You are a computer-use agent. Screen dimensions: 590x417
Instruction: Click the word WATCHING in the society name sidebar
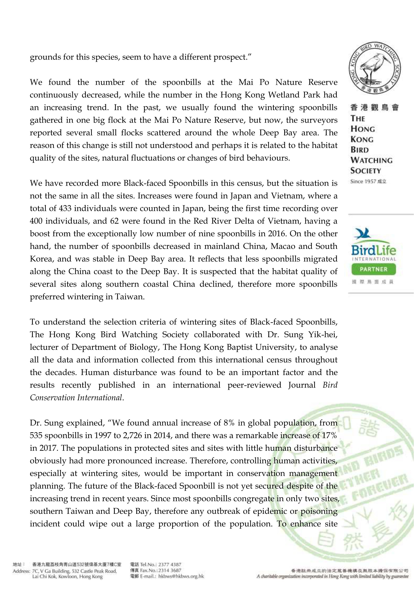click(371, 160)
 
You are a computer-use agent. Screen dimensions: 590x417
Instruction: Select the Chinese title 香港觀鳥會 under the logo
click(374, 107)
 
